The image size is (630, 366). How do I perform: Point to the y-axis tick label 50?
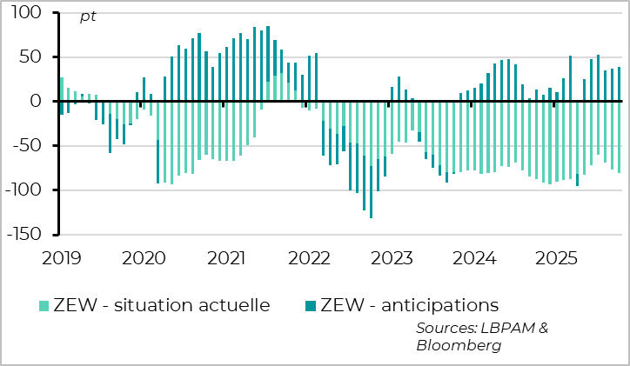29,57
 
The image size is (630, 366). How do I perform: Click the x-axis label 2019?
61,257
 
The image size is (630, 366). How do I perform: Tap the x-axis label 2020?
144,257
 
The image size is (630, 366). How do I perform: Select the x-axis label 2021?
226,257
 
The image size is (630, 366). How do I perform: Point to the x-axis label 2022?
309,257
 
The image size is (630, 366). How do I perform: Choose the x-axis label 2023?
392,257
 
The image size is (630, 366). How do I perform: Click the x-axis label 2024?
474,257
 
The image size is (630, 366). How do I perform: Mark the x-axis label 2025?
557,257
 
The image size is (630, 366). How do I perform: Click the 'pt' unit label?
88,17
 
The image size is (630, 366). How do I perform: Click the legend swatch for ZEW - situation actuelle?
44,305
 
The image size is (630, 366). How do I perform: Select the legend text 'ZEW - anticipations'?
409,305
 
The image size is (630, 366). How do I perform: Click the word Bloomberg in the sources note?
459,345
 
